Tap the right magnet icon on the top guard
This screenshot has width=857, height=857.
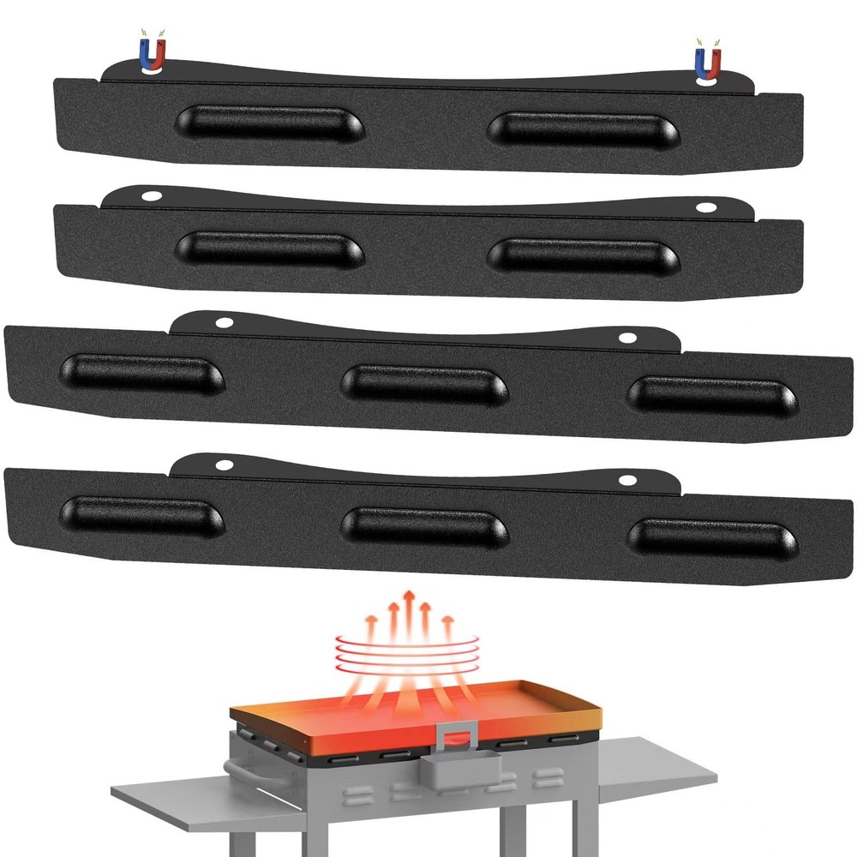(x=706, y=63)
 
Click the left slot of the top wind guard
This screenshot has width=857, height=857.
(x=269, y=124)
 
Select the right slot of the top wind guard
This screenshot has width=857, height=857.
(x=583, y=129)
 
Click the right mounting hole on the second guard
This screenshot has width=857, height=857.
(x=705, y=207)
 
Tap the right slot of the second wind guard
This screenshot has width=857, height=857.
(x=583, y=256)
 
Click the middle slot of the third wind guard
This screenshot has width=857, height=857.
(x=425, y=382)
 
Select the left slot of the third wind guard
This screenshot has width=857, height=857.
(x=142, y=374)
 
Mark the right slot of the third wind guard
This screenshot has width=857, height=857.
(x=711, y=393)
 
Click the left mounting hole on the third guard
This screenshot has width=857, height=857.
(x=225, y=323)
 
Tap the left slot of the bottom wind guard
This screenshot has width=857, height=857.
(x=142, y=516)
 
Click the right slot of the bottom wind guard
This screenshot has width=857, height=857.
(x=711, y=536)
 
